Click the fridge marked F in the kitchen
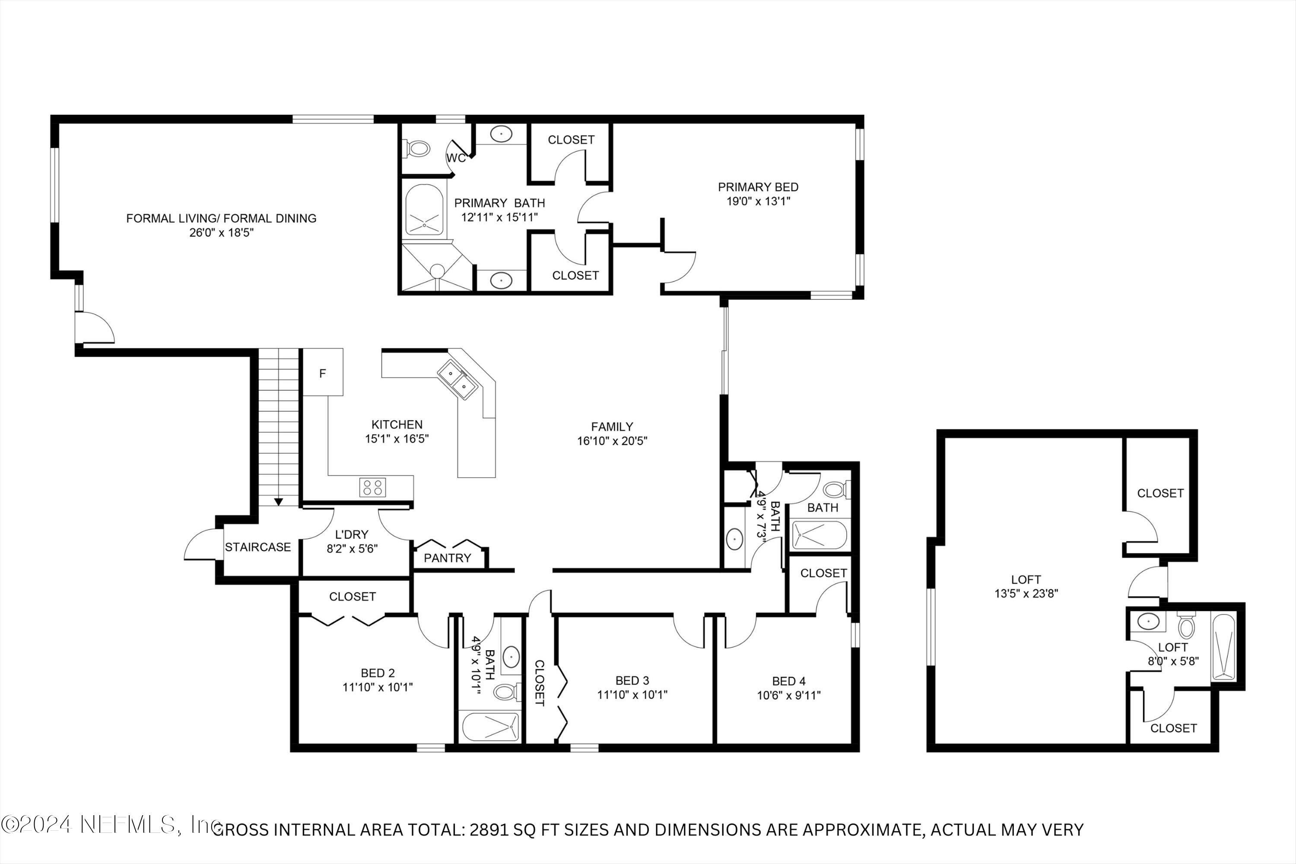pos(323,373)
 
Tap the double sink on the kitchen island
pos(458,380)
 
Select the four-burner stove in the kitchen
pos(372,487)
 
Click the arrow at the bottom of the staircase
pos(279,502)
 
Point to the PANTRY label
pos(448,558)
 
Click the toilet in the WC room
pos(419,148)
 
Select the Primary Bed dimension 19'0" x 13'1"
pos(758,201)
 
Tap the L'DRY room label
pos(352,534)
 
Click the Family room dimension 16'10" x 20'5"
pos(612,441)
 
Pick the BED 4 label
pos(788,681)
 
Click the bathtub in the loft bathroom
pos(1223,647)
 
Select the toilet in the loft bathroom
pos(1186,626)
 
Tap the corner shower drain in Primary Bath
pos(437,270)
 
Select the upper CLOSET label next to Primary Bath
pos(571,140)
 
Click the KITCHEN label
pos(397,424)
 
